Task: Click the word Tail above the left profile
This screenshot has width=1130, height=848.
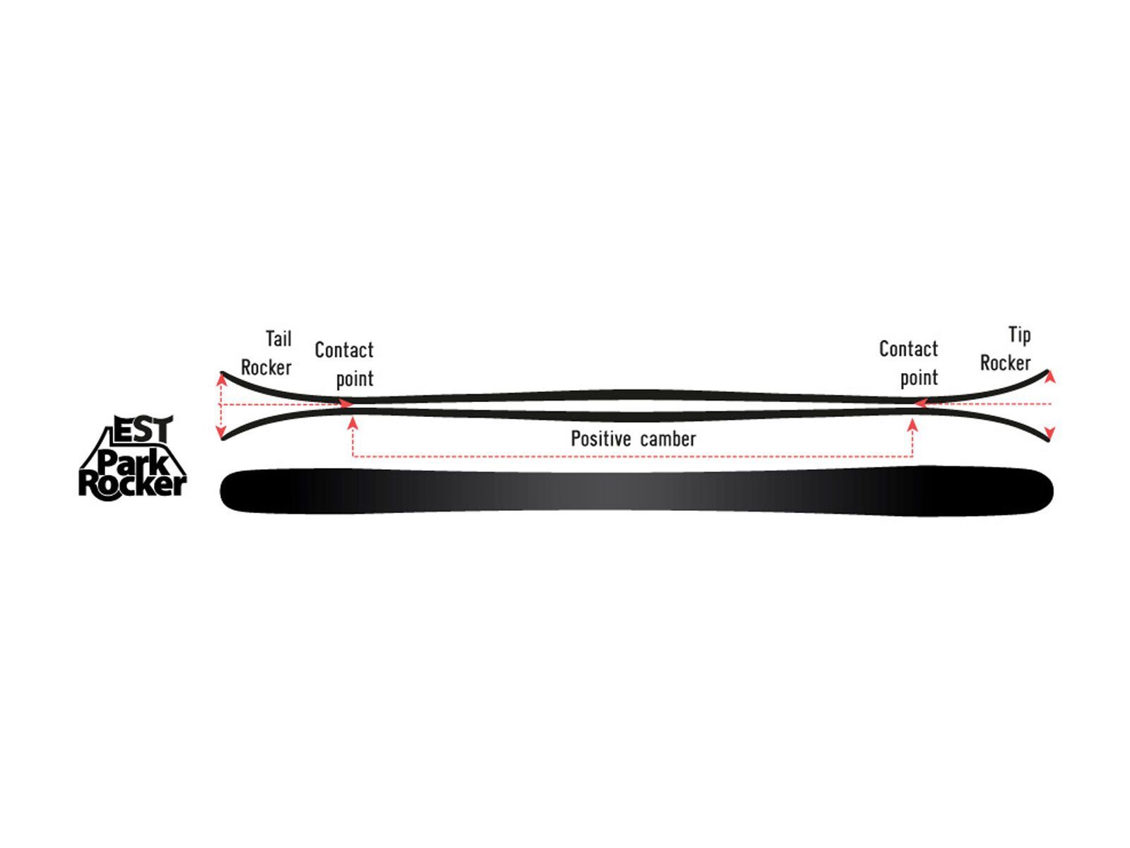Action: (278, 338)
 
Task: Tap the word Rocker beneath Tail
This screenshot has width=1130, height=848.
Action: (266, 367)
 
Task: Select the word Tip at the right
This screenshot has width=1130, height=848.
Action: (1019, 336)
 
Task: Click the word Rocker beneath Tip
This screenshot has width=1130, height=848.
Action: (1005, 363)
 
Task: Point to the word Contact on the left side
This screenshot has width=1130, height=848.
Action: (344, 350)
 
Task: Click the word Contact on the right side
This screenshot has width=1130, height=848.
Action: (908, 349)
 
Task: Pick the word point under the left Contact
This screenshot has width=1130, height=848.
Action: (355, 379)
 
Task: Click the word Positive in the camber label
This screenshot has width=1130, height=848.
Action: (601, 439)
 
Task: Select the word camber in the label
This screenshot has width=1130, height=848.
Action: (668, 439)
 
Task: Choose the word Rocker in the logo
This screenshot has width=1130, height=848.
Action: (132, 485)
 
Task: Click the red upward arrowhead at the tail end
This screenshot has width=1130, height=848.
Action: (221, 380)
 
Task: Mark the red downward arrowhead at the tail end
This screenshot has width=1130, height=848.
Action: (221, 431)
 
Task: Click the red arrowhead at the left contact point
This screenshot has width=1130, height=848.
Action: (347, 404)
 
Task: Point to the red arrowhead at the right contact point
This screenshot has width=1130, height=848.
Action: (920, 403)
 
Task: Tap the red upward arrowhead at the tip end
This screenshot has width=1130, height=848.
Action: (1051, 377)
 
